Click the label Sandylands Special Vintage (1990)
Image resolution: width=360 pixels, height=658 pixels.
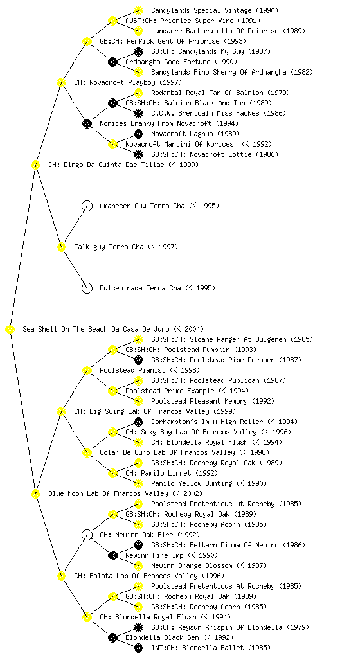click(x=215, y=10)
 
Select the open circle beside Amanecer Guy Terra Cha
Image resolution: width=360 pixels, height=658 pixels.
click(x=87, y=206)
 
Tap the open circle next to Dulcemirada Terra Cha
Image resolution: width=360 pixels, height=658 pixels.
click(x=87, y=288)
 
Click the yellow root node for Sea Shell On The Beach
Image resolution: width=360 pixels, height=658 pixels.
click(x=10, y=329)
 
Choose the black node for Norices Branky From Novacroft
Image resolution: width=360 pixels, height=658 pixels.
click(x=87, y=123)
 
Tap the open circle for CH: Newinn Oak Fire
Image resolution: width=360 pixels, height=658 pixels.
click(x=87, y=535)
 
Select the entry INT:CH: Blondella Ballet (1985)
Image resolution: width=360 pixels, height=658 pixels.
click(x=211, y=648)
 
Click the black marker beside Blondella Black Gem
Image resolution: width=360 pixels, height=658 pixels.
click(x=113, y=637)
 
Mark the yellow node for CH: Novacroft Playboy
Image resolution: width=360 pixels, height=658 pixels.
click(x=61, y=82)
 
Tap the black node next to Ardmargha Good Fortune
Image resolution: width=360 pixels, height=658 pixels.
click(x=113, y=62)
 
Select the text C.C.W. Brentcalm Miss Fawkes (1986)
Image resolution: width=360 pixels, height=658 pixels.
click(x=218, y=113)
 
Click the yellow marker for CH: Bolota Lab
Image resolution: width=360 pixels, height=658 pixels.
click(x=61, y=576)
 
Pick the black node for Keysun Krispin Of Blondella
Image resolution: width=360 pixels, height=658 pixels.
click(x=138, y=627)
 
